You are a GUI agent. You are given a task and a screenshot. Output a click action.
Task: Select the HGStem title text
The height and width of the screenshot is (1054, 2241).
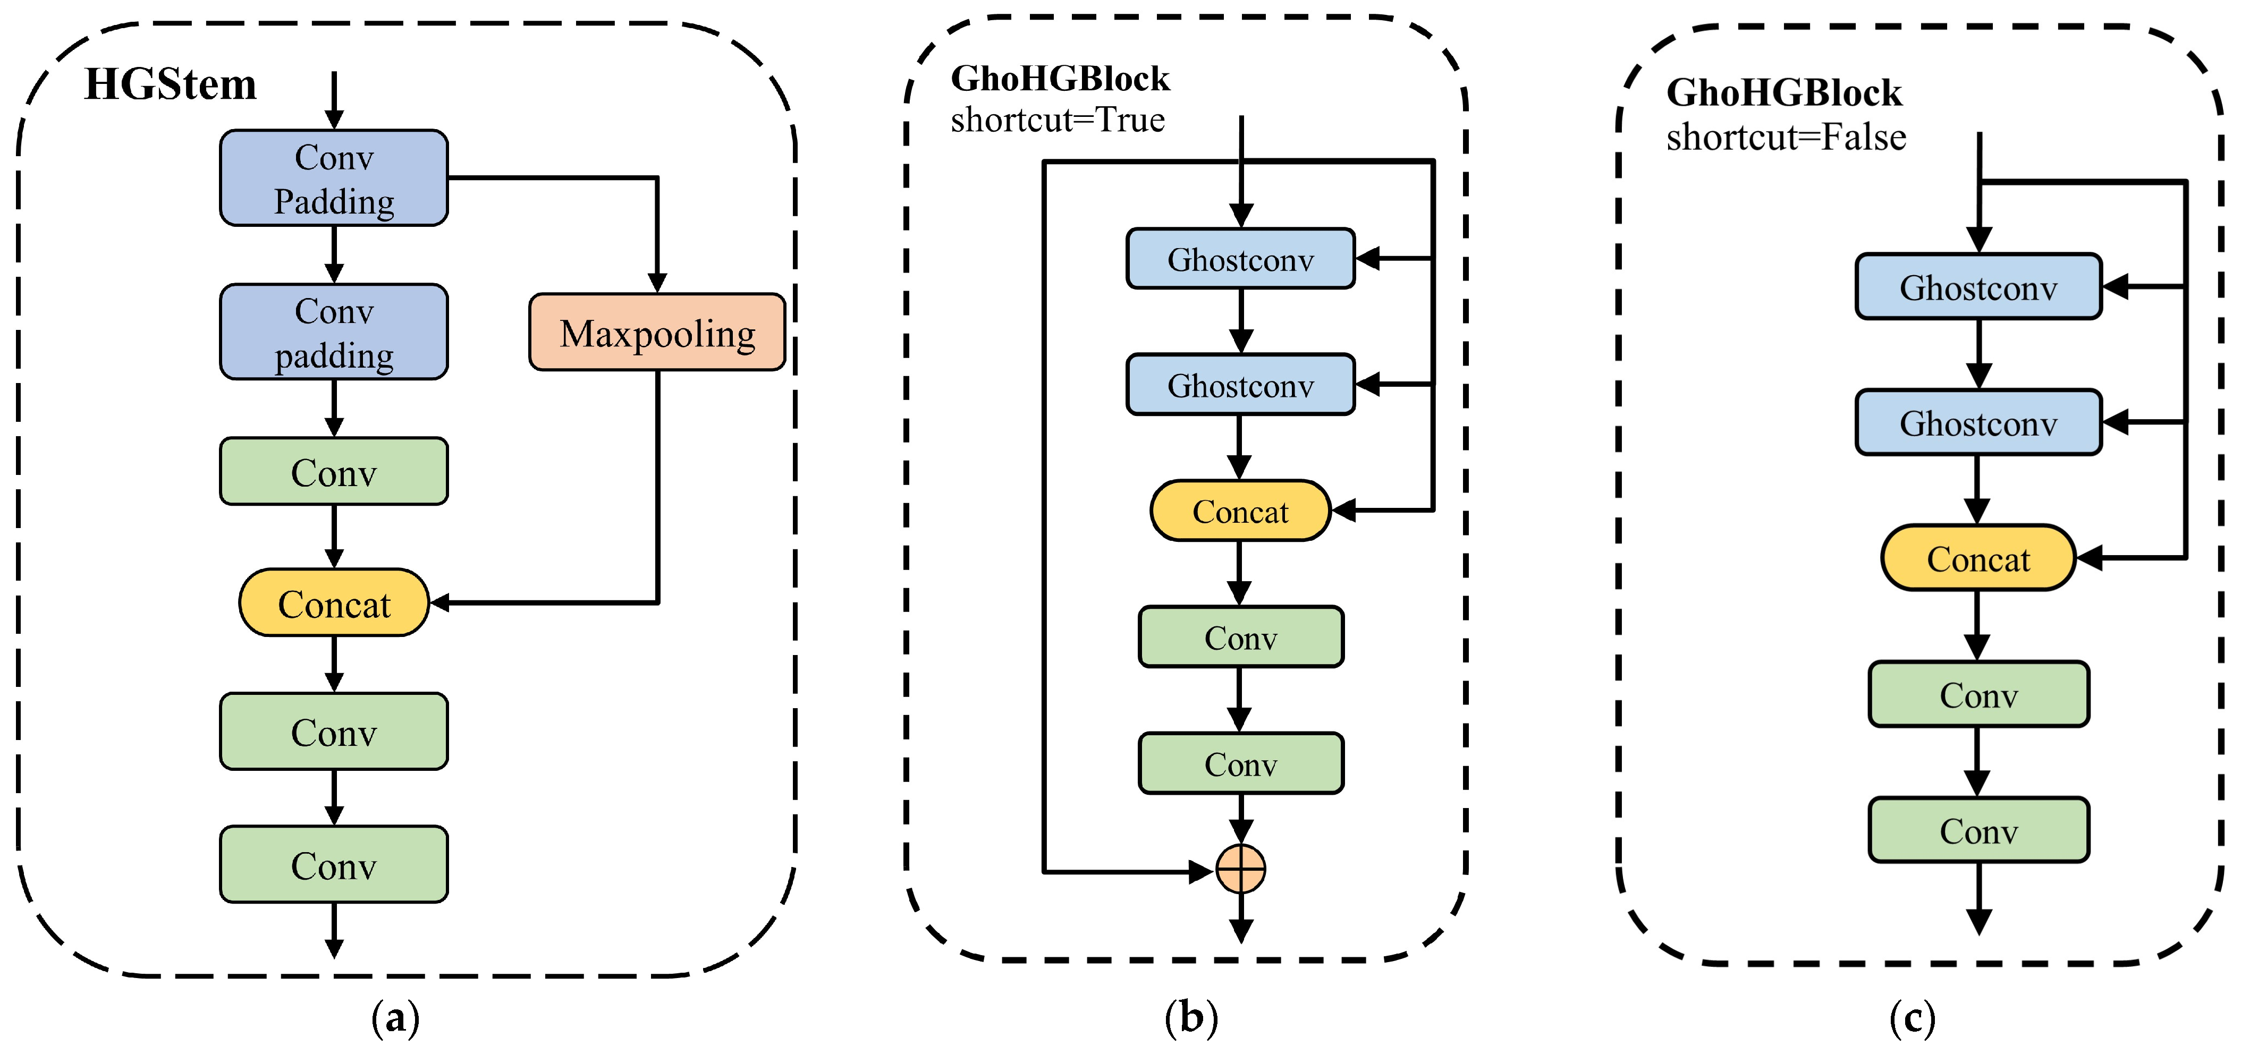(171, 85)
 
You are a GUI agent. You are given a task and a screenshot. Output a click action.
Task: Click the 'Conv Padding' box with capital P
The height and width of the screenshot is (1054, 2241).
(334, 178)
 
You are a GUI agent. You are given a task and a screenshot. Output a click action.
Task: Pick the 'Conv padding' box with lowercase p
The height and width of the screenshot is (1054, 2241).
(334, 332)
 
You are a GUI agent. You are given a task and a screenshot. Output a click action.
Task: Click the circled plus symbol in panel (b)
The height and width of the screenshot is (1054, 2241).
(1240, 869)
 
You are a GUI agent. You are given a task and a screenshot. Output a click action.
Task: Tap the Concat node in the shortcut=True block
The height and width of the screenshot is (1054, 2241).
(1240, 512)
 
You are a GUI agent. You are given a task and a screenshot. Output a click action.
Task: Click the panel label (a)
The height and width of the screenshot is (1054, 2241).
(396, 1017)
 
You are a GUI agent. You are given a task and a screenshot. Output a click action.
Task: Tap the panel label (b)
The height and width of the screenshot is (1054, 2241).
(1191, 1017)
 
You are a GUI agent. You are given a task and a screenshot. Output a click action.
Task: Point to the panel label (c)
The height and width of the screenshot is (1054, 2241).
(1912, 1017)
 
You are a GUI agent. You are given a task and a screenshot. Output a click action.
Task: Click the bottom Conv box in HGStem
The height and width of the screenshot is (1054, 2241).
(334, 865)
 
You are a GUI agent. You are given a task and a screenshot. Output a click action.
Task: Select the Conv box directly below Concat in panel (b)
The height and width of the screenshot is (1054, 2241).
(1240, 637)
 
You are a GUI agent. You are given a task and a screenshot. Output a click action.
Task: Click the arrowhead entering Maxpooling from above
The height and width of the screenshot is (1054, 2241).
(658, 283)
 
